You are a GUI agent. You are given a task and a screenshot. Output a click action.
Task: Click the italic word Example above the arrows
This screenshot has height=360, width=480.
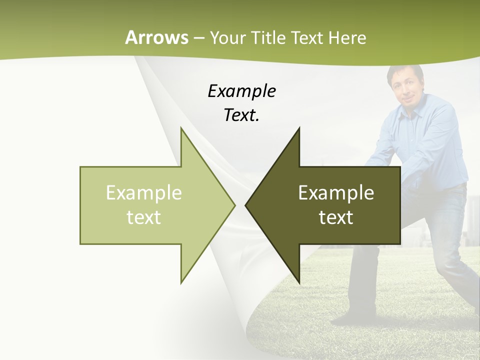241,91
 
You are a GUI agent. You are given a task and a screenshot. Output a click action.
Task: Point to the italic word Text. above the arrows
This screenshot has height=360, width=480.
241,115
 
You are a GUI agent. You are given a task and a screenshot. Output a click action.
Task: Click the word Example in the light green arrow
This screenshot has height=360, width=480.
143,192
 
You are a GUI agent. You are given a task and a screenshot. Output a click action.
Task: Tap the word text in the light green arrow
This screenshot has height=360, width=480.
143,217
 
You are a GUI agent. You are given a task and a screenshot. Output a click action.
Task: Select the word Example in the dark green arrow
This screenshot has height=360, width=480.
336,192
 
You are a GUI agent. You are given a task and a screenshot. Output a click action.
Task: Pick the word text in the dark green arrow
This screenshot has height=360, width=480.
336,217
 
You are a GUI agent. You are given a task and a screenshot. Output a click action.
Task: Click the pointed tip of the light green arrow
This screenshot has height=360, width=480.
234,205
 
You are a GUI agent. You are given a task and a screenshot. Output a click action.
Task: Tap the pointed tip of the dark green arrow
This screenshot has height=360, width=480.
246,205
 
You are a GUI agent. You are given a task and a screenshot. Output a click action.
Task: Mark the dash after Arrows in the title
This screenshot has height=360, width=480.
198,37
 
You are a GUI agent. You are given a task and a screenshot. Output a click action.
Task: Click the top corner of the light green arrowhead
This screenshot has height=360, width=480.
181,128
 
